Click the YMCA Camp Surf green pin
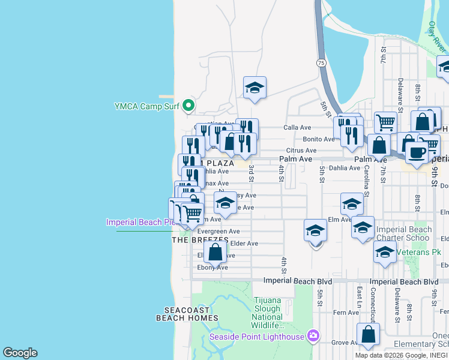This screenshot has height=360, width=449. tap(188, 106)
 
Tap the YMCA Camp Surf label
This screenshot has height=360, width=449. tap(147, 107)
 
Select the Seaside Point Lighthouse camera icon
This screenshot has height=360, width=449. tap(313, 336)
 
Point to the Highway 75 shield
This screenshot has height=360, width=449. tap(322, 62)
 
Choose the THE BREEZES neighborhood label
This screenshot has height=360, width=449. tap(200, 239)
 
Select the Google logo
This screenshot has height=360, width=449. tap(20, 353)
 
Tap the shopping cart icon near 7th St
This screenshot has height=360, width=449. tap(386, 122)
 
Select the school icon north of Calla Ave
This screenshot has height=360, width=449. tap(255, 88)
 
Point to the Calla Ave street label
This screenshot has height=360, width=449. tap(297, 127)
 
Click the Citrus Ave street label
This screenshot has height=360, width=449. tap(301, 151)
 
